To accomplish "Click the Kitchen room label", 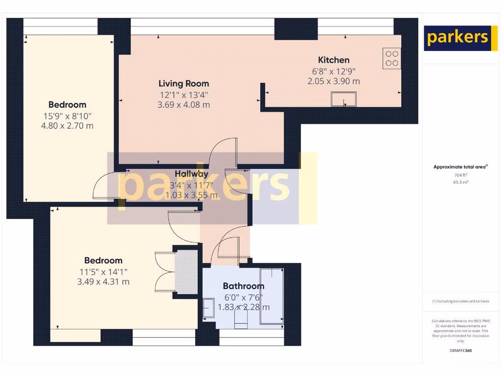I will point(334,60).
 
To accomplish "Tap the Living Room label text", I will point(183,84).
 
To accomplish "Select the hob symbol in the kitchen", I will point(391,58).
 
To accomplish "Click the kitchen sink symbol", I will point(343,99).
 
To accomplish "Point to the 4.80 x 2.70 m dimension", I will point(68,126).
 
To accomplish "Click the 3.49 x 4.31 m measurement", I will point(103,282).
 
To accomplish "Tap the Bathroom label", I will point(244,286).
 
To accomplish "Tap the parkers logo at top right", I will point(457,38).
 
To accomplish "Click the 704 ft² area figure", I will point(458,175).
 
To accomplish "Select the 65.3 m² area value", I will point(459,182).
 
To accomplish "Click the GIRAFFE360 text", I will point(460,351).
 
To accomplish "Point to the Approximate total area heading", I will point(460,167).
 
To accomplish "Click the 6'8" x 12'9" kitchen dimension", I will point(334,71).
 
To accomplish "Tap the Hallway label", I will point(192,174).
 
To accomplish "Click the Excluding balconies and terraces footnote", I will point(460,302).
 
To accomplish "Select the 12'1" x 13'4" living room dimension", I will point(183,94).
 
